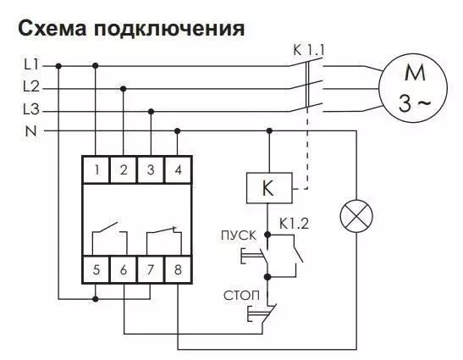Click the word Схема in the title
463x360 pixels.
click(x=52, y=28)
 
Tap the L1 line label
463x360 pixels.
click(x=31, y=64)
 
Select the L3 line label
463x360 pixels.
click(x=31, y=109)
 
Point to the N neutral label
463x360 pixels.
click(x=31, y=131)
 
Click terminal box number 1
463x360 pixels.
click(x=96, y=170)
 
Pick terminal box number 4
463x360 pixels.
click(x=178, y=170)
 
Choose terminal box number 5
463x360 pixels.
click(x=96, y=269)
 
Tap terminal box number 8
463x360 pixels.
click(x=178, y=269)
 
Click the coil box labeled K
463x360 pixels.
click(x=269, y=188)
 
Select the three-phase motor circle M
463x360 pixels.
click(x=413, y=88)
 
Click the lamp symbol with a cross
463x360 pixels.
click(x=356, y=216)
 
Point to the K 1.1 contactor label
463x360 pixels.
click(x=309, y=50)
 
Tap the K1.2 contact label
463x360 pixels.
click(x=294, y=224)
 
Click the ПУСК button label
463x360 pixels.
click(x=239, y=235)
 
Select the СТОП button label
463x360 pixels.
click(x=241, y=296)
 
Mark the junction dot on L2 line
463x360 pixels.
click(x=124, y=89)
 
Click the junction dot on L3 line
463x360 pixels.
click(x=151, y=112)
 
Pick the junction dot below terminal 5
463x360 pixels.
click(x=95, y=299)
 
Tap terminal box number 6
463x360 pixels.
click(x=124, y=269)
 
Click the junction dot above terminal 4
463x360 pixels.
click(x=178, y=130)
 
